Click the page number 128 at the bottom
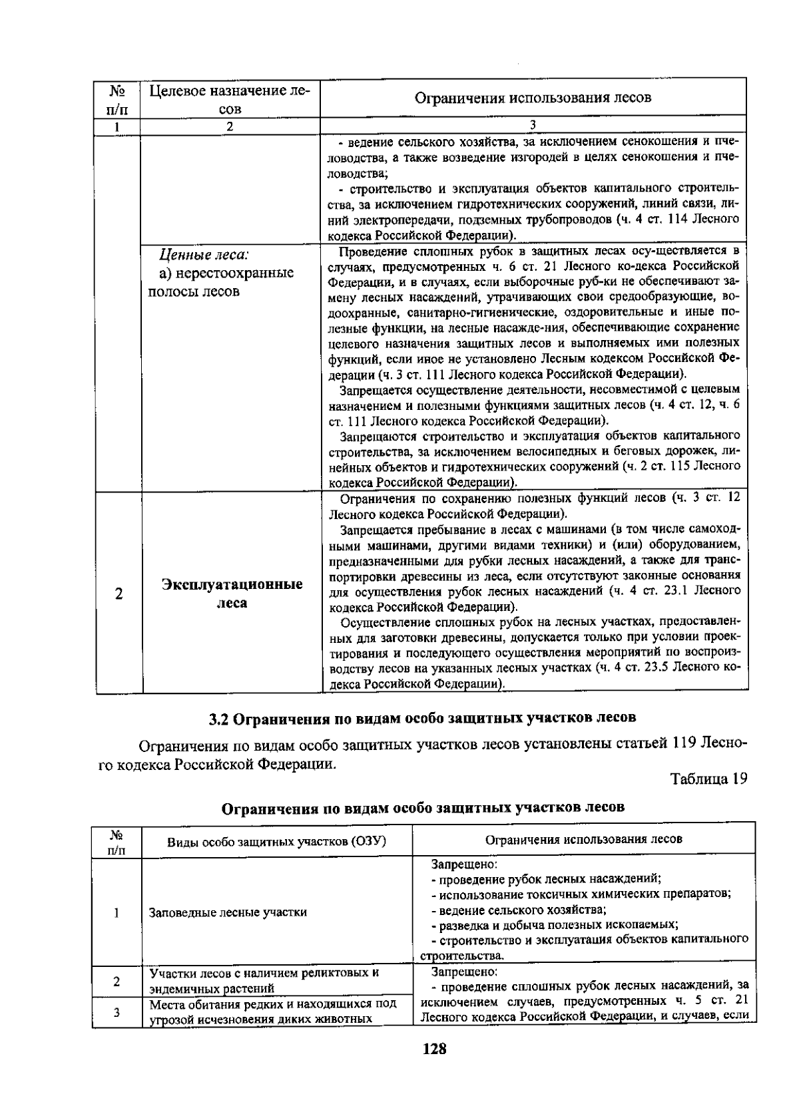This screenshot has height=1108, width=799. (433, 1049)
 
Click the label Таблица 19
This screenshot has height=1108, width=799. (708, 778)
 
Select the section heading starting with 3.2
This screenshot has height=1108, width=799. (422, 718)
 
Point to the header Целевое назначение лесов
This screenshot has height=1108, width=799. (230, 98)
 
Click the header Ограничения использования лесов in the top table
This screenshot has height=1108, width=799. (533, 98)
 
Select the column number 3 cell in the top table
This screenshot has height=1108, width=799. (533, 125)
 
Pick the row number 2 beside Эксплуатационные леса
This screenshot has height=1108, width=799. (119, 594)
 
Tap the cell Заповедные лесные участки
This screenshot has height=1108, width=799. (228, 912)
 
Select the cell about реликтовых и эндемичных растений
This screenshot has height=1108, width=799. (264, 980)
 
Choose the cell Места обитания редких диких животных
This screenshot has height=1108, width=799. (273, 1012)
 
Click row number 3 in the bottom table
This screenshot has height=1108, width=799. (117, 1013)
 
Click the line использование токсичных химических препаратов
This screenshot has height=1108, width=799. (581, 894)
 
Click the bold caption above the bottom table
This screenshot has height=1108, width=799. (423, 808)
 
